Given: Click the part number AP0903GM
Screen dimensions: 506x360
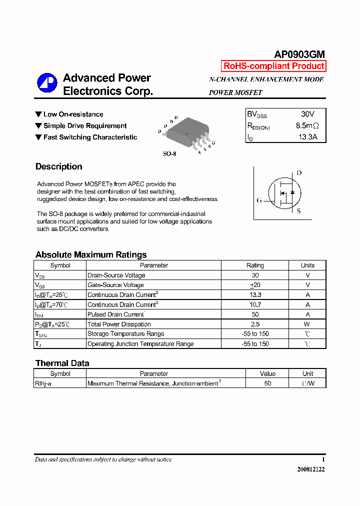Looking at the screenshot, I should pos(299,55).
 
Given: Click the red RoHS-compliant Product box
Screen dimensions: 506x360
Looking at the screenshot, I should pos(273,66).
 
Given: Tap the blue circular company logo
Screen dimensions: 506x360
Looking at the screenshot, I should pos(47,83).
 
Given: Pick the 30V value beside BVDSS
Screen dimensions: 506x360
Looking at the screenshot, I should pos(307,114).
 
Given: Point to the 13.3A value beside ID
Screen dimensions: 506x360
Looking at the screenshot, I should pos(307,137).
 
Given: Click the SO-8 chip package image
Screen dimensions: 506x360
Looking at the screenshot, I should pos(186,133).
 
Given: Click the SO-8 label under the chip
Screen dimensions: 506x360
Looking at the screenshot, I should pos(169,154).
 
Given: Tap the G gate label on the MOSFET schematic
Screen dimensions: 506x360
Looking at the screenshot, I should pos(259,200).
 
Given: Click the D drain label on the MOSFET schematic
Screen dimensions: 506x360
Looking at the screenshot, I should pos(299,173).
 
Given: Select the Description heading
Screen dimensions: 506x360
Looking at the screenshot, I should pos(59,166).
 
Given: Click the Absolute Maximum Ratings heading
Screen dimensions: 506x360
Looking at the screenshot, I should pos(91,254).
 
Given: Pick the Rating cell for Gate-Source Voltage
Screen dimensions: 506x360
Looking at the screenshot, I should pos(255,285).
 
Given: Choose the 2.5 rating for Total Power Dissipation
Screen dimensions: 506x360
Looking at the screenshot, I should pos(255,324).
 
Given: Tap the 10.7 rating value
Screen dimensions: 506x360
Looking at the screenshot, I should pos(255,304).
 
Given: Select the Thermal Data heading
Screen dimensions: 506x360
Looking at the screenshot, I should pos(62,363).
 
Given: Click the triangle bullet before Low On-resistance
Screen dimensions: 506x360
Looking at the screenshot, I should pos(38,114).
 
